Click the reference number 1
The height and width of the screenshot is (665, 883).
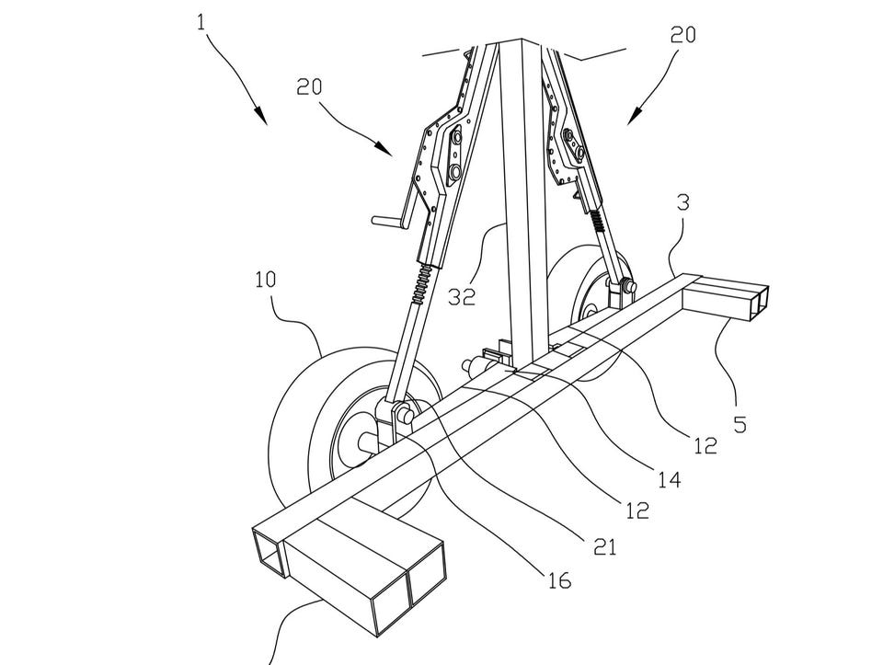202,22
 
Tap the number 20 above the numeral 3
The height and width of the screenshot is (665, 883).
682,35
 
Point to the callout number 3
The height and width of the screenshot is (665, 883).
682,201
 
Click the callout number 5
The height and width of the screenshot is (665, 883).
740,424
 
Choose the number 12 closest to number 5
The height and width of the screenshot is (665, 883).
705,446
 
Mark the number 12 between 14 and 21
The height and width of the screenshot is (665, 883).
636,510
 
